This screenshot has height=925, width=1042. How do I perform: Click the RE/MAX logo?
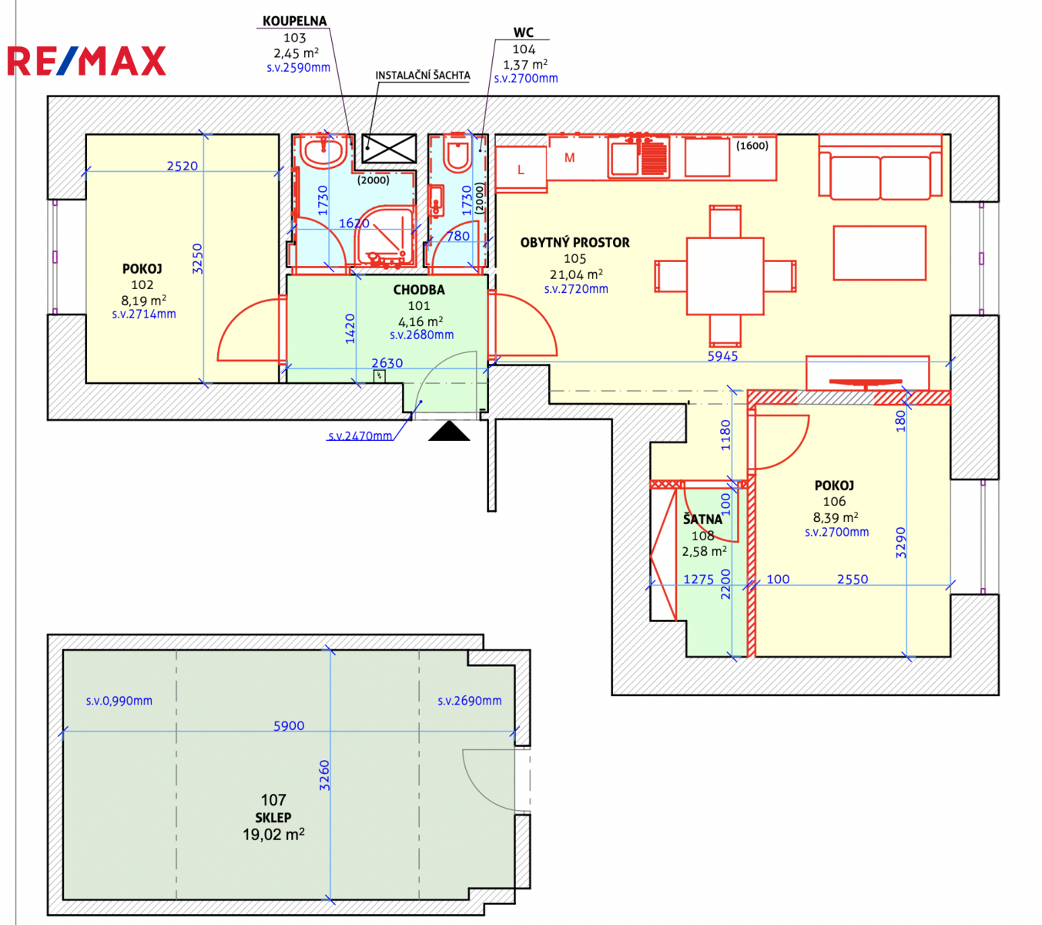pos(86,61)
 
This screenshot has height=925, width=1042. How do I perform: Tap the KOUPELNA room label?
pos(294,21)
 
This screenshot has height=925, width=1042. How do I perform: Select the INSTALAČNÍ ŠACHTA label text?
pos(422,75)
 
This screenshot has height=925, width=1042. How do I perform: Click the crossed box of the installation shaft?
pos(389,148)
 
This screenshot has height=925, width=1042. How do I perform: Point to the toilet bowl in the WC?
pos(457,153)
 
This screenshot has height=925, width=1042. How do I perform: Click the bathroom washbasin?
pos(323,151)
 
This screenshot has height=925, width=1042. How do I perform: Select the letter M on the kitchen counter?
pos(569,157)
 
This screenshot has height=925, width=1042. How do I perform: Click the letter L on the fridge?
pos(521,170)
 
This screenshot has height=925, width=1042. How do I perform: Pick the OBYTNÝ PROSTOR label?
pos(575,243)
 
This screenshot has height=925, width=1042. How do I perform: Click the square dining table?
pos(725,276)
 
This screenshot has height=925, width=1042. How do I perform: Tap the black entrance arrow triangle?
pos(449,431)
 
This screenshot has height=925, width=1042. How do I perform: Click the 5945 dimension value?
pos(722,355)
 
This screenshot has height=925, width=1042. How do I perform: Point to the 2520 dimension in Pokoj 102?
pos(182,166)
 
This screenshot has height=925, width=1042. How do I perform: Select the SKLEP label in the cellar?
pos(273,817)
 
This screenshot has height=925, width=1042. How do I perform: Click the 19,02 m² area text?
pos(273,834)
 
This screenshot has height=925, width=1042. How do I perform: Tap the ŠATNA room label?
pos(702,519)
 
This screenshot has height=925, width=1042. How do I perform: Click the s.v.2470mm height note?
pos(360,436)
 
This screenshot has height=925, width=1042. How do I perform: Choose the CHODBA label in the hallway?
pos(419,290)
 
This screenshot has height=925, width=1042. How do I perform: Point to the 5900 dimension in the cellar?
pos(289,725)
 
